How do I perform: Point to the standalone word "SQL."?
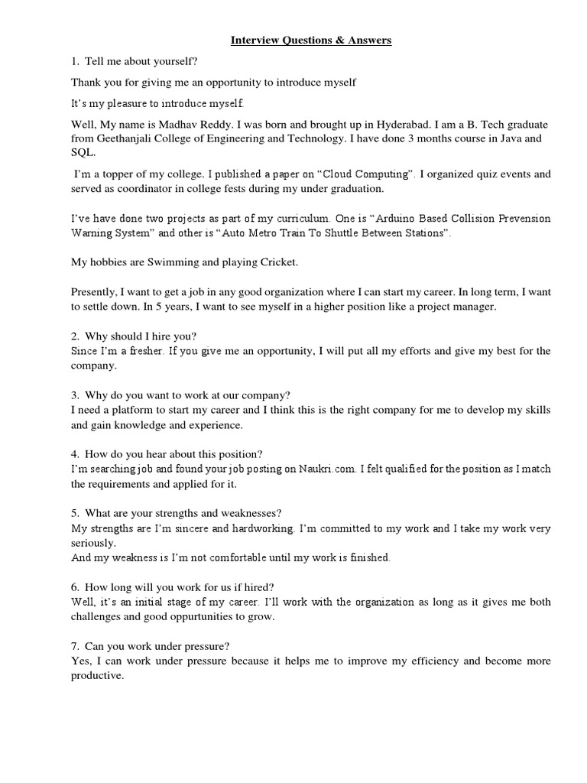click(83, 153)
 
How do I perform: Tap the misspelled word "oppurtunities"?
click(203, 616)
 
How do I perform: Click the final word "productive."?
click(97, 676)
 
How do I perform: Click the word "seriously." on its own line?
click(94, 543)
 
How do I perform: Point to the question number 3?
click(75, 395)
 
